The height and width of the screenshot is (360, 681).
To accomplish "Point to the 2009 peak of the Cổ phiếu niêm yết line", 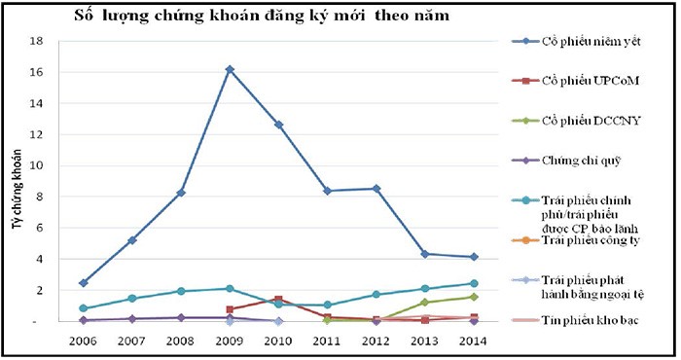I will point(229,69).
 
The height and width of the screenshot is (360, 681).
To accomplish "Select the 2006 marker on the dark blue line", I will point(84,283).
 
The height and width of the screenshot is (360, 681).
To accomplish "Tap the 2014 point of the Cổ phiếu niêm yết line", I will point(473,257).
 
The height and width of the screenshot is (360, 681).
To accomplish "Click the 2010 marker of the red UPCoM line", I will point(277,300).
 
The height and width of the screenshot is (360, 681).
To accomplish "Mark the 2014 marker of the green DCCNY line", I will point(473,297).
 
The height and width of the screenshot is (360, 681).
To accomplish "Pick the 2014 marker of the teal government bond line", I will point(473,284).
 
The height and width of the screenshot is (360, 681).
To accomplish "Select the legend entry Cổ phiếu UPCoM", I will point(593,81).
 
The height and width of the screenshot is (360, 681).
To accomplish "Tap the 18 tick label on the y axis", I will point(36,42).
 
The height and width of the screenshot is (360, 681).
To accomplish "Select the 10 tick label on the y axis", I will point(36,165).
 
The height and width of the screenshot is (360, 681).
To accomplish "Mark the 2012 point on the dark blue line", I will point(376,189).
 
